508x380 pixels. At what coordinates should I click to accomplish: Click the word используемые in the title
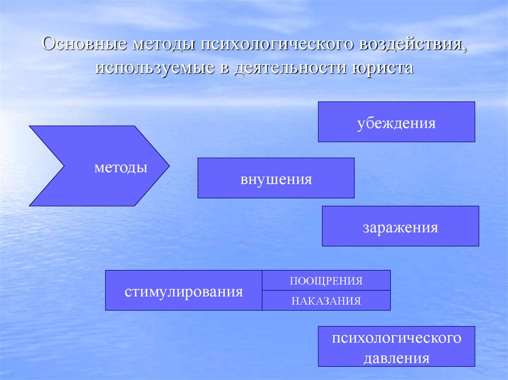153,68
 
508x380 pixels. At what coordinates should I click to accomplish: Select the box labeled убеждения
396,122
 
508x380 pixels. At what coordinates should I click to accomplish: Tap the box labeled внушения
276,178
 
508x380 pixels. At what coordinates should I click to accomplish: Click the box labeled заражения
400,226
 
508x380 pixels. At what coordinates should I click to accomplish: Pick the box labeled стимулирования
184,290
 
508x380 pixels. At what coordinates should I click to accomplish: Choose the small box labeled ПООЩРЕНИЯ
326,280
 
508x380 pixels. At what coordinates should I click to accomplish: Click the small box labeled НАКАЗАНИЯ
326,301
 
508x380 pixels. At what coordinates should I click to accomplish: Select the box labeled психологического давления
396,346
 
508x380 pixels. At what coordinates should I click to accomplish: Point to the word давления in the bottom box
396,358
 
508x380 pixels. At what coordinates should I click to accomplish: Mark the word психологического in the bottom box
396,338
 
